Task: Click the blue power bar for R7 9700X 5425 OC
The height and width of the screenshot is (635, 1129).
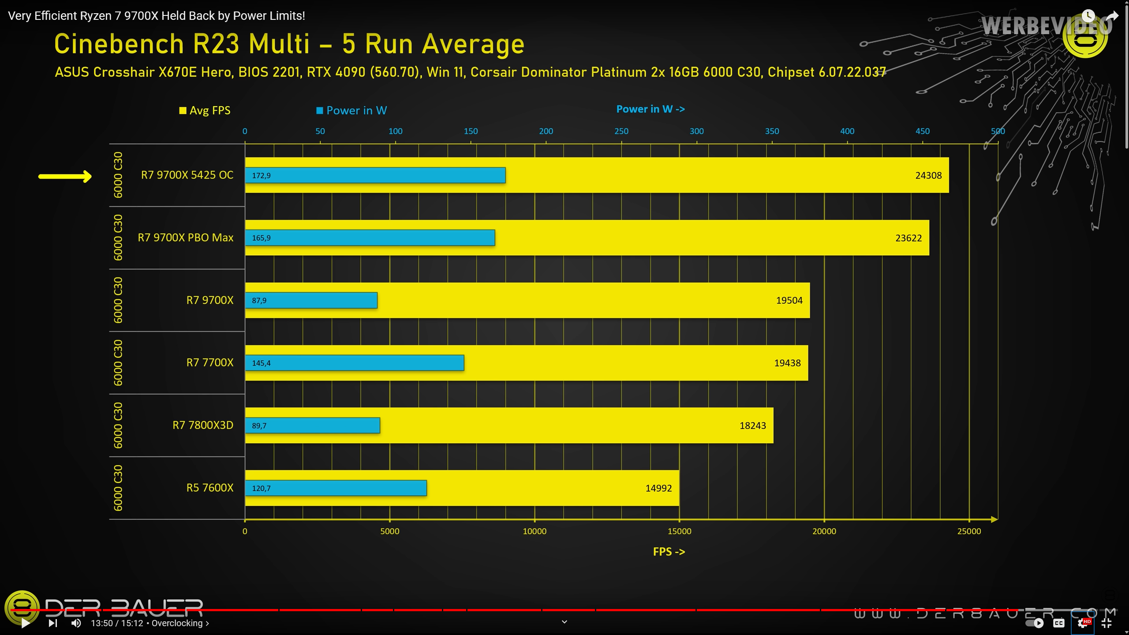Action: coord(375,176)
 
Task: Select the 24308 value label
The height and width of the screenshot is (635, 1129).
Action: coord(928,176)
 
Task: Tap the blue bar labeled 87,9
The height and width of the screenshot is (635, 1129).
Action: coord(311,300)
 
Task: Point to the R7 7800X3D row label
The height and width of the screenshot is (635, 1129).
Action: coord(202,425)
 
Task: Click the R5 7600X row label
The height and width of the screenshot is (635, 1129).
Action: coord(209,488)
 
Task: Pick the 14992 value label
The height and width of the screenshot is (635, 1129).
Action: coord(658,488)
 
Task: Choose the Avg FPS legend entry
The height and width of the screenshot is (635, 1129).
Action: coord(205,110)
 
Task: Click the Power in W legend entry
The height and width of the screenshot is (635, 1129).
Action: coord(351,110)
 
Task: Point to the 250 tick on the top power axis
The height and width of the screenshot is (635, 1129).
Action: coord(621,131)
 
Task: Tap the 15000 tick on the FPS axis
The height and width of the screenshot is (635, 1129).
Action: coord(679,531)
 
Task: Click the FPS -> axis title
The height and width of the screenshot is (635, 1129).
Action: coord(669,552)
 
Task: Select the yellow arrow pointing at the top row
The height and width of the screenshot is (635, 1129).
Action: coord(65,176)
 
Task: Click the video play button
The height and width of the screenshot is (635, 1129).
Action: coord(26,623)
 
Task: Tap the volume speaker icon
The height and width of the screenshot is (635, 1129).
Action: coord(76,623)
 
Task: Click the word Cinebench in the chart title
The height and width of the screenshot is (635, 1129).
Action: coord(119,44)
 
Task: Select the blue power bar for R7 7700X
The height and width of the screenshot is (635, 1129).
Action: coord(355,363)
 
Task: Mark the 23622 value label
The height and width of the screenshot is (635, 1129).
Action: coord(908,238)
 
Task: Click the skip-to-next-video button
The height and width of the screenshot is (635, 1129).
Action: coord(52,623)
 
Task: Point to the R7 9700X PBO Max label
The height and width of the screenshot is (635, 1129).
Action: coord(185,238)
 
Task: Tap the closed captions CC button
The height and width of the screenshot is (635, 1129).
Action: coord(1058,623)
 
